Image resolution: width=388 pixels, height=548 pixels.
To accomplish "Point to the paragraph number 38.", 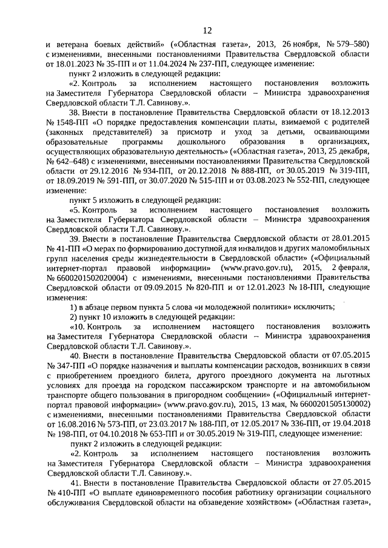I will coord(75,113).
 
